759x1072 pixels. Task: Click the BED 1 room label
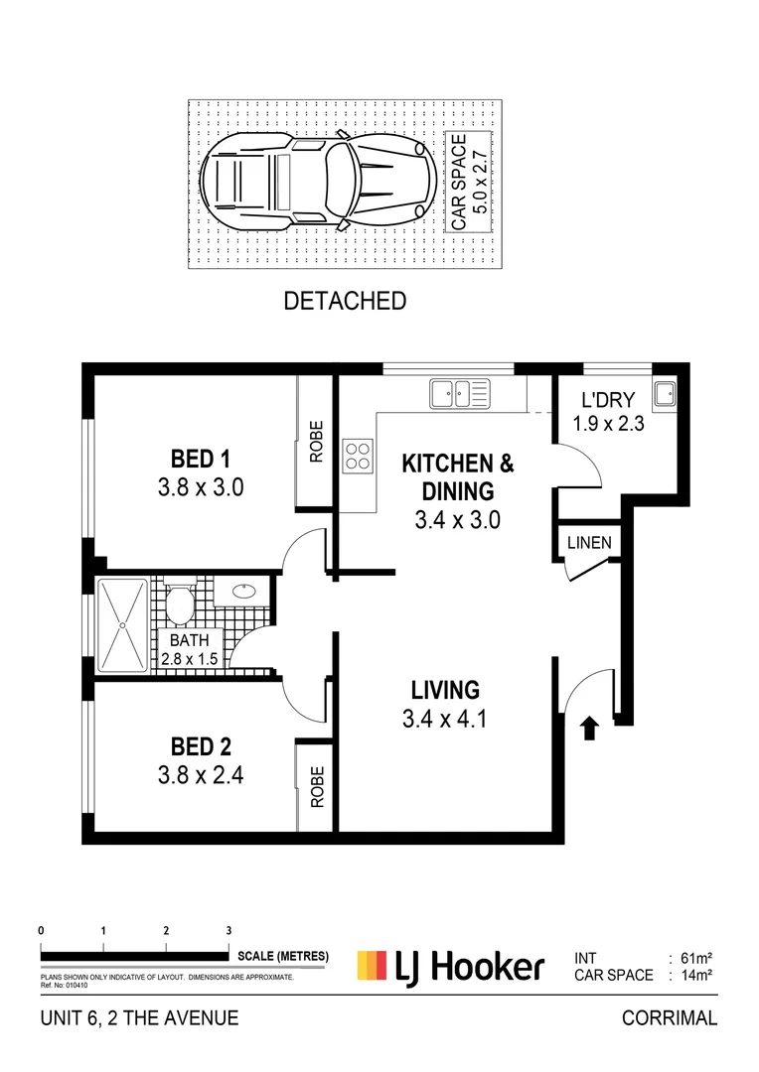pyautogui.click(x=201, y=459)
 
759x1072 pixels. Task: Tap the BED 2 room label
pyautogui.click(x=201, y=746)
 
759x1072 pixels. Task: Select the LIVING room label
pyautogui.click(x=446, y=689)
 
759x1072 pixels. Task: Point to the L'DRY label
pyautogui.click(x=602, y=401)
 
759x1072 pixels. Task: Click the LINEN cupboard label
pyautogui.click(x=589, y=543)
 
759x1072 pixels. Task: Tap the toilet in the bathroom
pyautogui.click(x=181, y=603)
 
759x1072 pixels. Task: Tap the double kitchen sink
pyautogui.click(x=460, y=394)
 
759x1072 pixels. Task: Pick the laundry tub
pyautogui.click(x=664, y=394)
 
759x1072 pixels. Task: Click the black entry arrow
pyautogui.click(x=588, y=730)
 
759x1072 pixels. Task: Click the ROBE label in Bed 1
pyautogui.click(x=316, y=444)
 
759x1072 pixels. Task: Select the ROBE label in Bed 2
pyautogui.click(x=317, y=786)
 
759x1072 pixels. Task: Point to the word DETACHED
pyautogui.click(x=345, y=301)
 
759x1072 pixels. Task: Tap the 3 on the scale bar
pyautogui.click(x=228, y=930)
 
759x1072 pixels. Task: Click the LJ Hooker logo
pyautogui.click(x=451, y=966)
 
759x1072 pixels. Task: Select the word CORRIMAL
pyautogui.click(x=669, y=1017)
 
